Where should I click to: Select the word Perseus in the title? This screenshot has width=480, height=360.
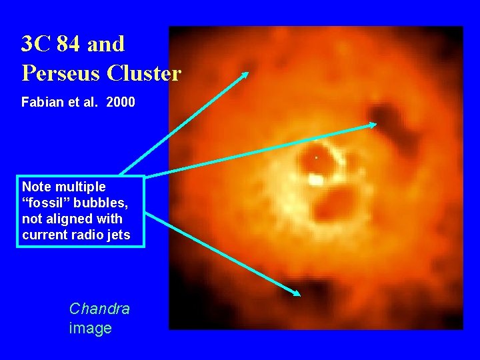click(x=54, y=73)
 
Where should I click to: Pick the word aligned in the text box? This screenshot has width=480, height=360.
click(x=66, y=219)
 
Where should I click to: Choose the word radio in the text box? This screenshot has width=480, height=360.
click(x=87, y=235)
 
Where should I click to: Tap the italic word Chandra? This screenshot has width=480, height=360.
click(x=99, y=309)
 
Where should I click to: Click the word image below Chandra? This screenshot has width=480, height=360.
click(x=90, y=328)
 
